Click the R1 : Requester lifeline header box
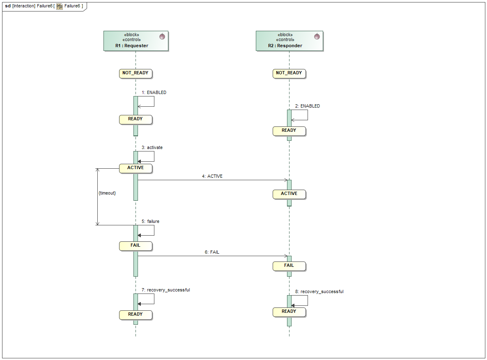click(x=136, y=41)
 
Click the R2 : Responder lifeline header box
click(x=289, y=41)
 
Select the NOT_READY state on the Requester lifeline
click(x=136, y=73)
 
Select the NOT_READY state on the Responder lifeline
click(x=289, y=73)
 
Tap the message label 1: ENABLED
click(x=154, y=93)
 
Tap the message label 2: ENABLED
click(x=308, y=106)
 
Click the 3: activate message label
click(x=152, y=147)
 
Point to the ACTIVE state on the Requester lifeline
click(x=136, y=168)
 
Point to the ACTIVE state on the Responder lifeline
click(x=289, y=194)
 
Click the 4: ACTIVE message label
click(x=212, y=177)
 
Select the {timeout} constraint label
click(x=107, y=193)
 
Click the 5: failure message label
click(x=150, y=222)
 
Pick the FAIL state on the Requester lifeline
click(x=136, y=245)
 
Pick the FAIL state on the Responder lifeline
click(x=289, y=266)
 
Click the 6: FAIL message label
click(x=212, y=252)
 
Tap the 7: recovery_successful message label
click(x=165, y=290)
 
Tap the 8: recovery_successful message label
click(x=319, y=292)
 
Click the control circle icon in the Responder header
click(x=317, y=37)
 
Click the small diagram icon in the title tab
click(x=60, y=6)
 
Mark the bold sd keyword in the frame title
click(x=8, y=6)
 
